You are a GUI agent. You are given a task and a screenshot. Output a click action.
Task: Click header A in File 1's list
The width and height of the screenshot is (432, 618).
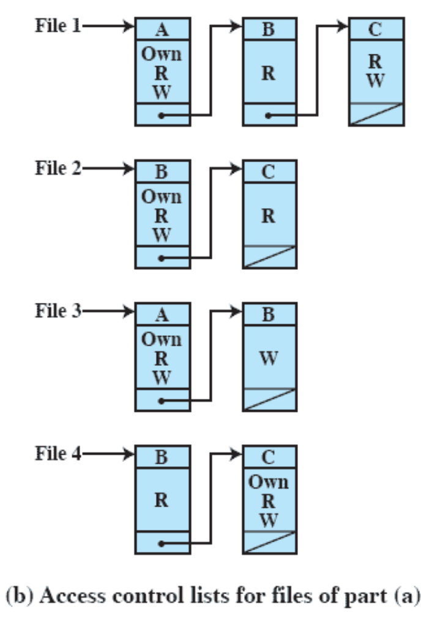click(162, 29)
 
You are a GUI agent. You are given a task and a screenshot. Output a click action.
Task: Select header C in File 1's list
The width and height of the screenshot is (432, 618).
click(376, 29)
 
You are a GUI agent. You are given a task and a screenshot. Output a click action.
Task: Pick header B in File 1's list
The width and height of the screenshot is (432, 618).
click(269, 29)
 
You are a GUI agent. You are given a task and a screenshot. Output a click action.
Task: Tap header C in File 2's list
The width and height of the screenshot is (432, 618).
click(269, 171)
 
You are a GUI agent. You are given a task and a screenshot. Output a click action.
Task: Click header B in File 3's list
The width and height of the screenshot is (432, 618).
click(269, 314)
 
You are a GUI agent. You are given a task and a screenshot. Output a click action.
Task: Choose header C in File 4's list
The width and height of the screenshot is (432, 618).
click(269, 456)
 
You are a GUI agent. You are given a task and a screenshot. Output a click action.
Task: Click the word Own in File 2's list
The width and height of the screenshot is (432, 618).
click(162, 197)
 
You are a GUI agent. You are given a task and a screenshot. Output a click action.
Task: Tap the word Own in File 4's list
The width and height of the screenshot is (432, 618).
click(269, 482)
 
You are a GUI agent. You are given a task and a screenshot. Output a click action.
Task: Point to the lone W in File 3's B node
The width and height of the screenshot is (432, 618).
click(269, 357)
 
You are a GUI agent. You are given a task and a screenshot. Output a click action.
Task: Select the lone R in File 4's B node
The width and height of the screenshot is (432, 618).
click(162, 500)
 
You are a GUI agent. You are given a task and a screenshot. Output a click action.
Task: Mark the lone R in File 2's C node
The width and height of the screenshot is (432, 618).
click(269, 215)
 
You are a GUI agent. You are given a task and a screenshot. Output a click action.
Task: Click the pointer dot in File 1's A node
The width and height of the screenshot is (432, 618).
click(160, 115)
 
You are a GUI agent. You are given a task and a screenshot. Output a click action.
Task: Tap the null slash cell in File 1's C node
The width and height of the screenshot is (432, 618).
click(376, 114)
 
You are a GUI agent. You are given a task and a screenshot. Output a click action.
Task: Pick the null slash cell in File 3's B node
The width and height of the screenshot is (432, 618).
click(269, 399)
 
